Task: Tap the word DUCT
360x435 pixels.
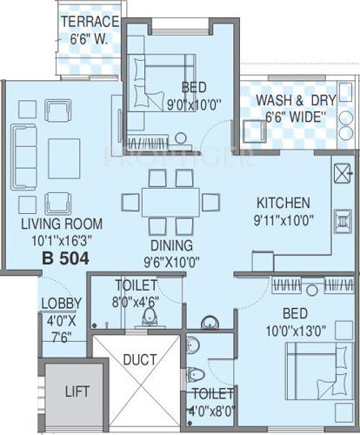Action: point(138,358)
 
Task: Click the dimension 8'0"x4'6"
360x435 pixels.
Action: point(136,301)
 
